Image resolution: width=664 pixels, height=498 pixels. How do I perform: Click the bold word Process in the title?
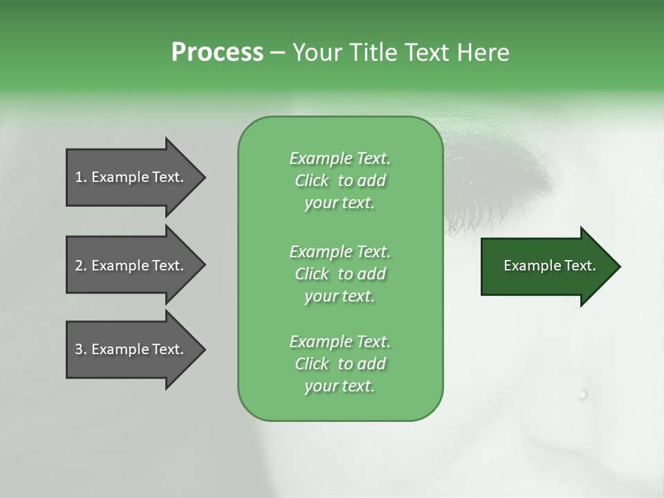217,53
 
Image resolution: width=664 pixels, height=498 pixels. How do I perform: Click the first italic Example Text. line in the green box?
340,158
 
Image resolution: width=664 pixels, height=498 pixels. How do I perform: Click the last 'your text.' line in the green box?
340,386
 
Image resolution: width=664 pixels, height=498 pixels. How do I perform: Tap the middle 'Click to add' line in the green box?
340,274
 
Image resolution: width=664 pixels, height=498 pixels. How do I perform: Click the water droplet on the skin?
582,394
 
